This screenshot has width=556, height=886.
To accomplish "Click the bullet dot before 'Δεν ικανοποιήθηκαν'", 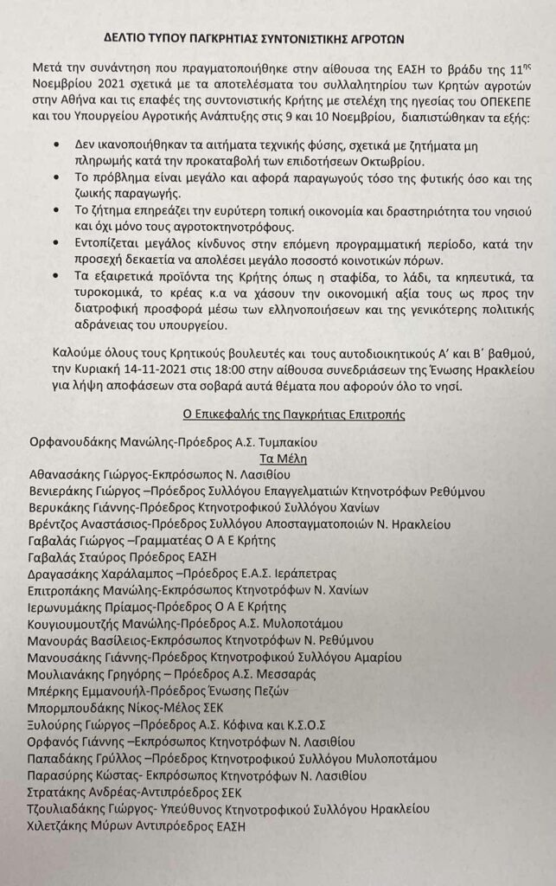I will [x=56, y=145].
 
